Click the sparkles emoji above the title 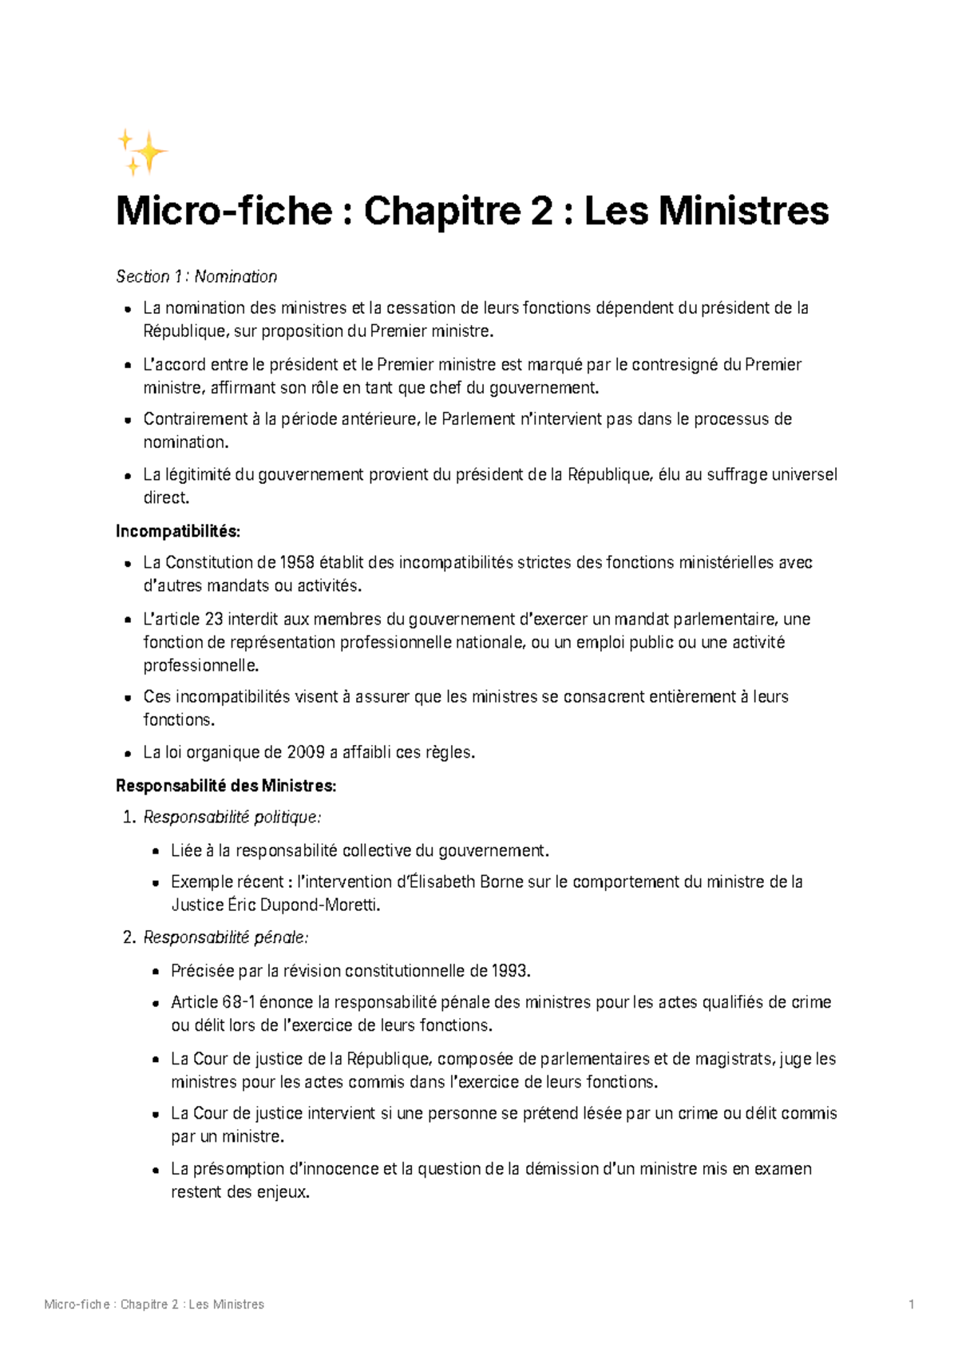(143, 153)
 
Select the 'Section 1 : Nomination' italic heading (196, 277)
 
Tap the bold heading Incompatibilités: (177, 532)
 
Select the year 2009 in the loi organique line (306, 752)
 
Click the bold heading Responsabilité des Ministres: (226, 786)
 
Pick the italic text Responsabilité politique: (232, 818)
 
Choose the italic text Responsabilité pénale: (226, 937)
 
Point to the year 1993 (509, 972)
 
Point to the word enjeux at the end (283, 1193)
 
